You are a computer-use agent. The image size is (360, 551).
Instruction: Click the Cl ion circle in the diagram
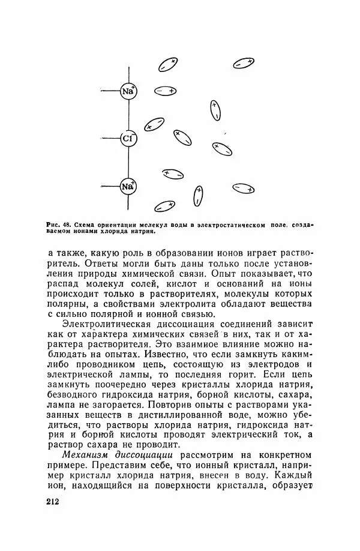coord(128,139)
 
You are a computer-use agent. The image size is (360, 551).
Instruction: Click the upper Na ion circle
coord(128,91)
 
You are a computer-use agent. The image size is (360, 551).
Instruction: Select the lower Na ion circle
coord(128,187)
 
